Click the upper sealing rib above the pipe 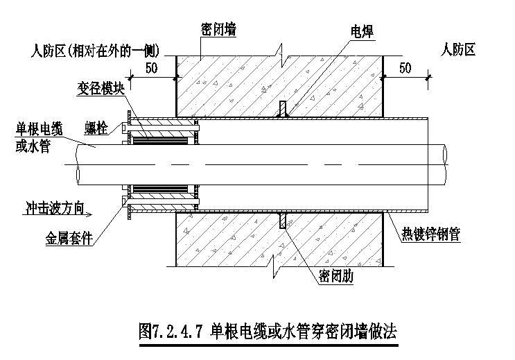tap(281, 110)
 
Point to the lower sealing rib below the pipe tap(281, 222)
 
